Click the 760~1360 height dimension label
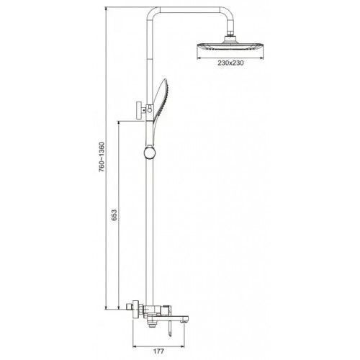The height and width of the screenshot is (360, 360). pyautogui.click(x=102, y=157)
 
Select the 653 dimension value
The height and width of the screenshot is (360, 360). pyautogui.click(x=114, y=215)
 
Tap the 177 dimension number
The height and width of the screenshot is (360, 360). pyautogui.click(x=158, y=351)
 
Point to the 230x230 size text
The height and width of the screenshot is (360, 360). pyautogui.click(x=230, y=63)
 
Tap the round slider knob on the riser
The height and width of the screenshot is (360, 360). pyautogui.click(x=150, y=153)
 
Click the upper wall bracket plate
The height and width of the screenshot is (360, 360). pyautogui.click(x=139, y=110)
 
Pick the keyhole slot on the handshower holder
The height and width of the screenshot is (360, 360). pyautogui.click(x=150, y=109)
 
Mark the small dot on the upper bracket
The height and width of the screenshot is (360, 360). pyautogui.click(x=144, y=110)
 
